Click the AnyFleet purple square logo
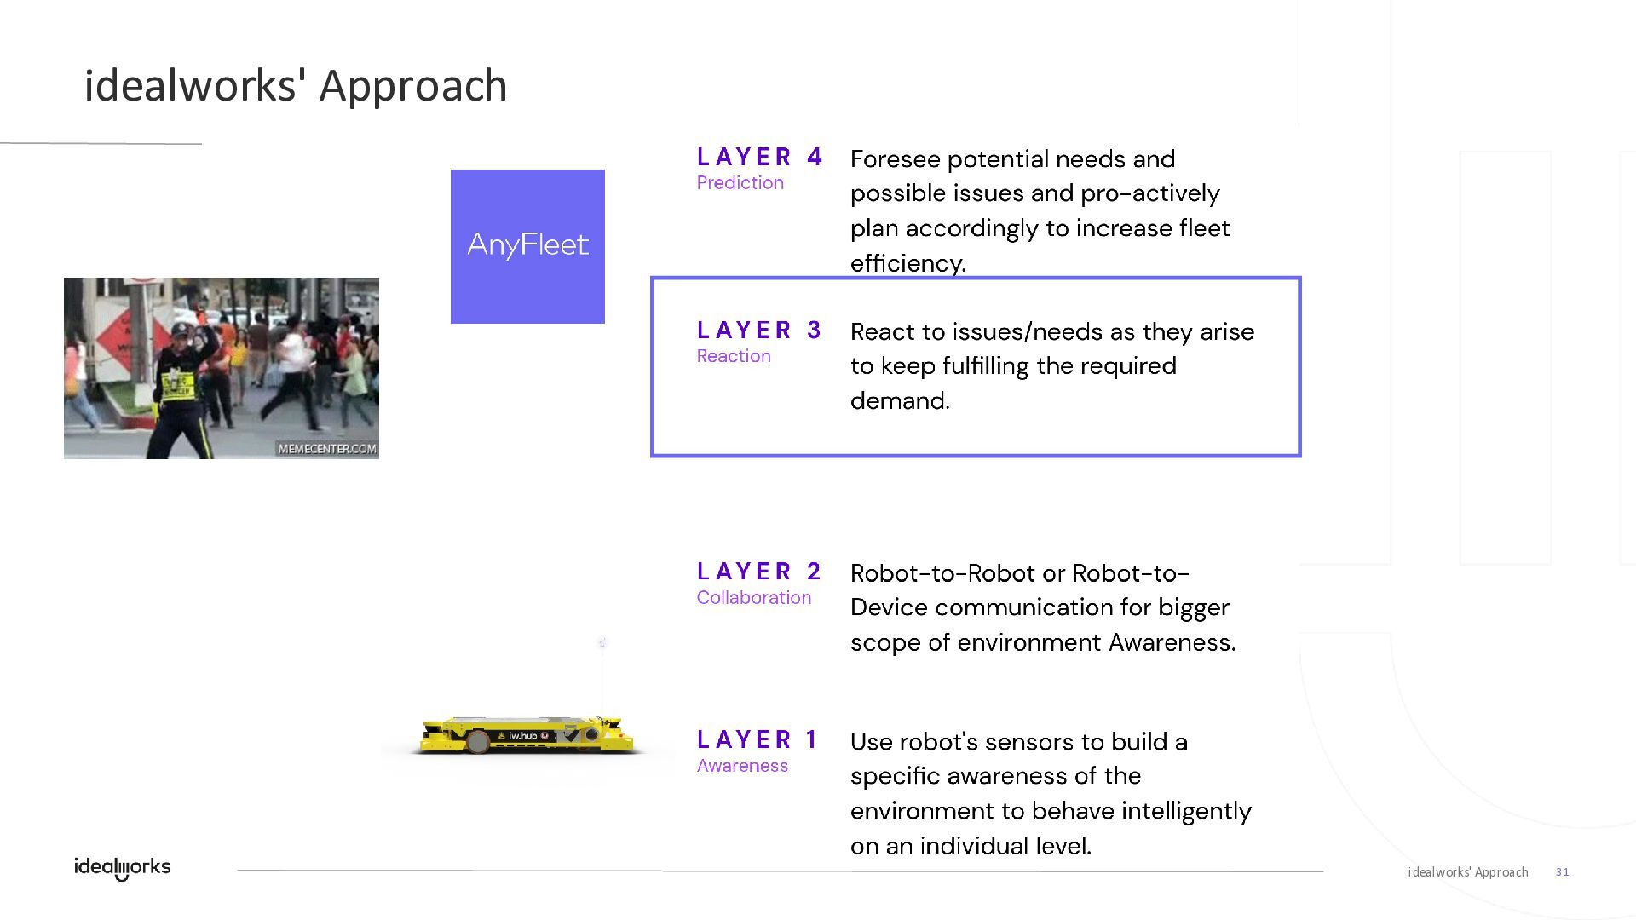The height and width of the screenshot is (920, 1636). pos(527,246)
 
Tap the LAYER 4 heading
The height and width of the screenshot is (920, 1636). pos(759,158)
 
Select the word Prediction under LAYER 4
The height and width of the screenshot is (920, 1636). pos(740,183)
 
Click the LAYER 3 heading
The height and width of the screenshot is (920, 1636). pos(759,331)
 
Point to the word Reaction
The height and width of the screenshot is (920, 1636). pos(733,356)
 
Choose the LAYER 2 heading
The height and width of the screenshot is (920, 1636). pos(759,572)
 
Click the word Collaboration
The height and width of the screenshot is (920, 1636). pos(753,598)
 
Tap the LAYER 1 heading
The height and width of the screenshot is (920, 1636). pos(758,739)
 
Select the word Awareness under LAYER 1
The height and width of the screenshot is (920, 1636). pos(742,766)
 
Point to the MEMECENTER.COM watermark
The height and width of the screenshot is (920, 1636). pos(327,449)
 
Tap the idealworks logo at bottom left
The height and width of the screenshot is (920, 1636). pos(123,867)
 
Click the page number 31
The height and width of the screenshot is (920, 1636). pos(1562,872)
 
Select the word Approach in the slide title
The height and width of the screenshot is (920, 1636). pos(413,86)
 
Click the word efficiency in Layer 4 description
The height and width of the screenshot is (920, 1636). pos(907,263)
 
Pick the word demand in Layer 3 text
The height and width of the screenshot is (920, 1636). pos(900,401)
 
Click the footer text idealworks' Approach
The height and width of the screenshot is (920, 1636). pos(1467,872)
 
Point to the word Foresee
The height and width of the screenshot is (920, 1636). pos(895,159)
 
